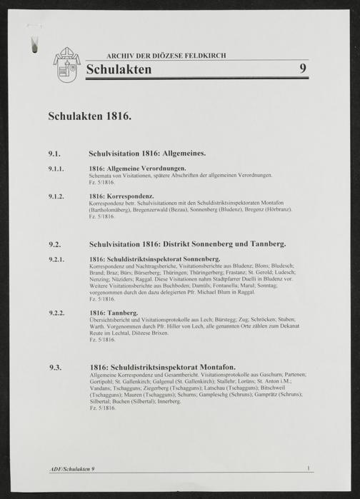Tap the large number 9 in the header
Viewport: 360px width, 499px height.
[304, 69]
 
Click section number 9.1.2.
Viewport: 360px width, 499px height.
[58, 195]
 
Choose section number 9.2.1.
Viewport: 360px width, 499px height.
[58, 258]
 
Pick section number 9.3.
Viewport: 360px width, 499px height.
[55, 368]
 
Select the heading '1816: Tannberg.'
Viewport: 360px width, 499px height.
[114, 313]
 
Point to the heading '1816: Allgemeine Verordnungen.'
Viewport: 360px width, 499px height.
[138, 168]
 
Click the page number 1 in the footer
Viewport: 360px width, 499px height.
[307, 468]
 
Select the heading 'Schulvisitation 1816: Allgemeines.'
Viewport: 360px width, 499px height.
[147, 153]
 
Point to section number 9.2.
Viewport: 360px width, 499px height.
[55, 243]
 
